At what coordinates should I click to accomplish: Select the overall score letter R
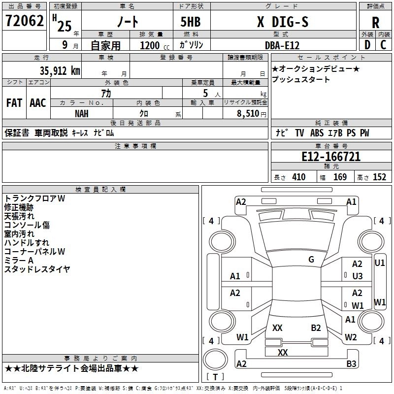[x=375, y=22]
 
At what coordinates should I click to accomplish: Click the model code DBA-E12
[x=281, y=45]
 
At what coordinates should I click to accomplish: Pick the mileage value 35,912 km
[x=56, y=70]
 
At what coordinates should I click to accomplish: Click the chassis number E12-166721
[x=330, y=157]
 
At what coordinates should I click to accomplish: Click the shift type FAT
[x=14, y=103]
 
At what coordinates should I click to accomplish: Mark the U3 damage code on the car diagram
[x=357, y=276]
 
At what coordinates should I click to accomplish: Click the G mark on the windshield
[x=311, y=260]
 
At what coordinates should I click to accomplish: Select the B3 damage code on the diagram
[x=351, y=364]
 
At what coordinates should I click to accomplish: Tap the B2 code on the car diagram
[x=316, y=328]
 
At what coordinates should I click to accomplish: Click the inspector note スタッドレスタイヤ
[x=37, y=269]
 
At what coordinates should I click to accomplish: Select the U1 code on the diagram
[x=380, y=263]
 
